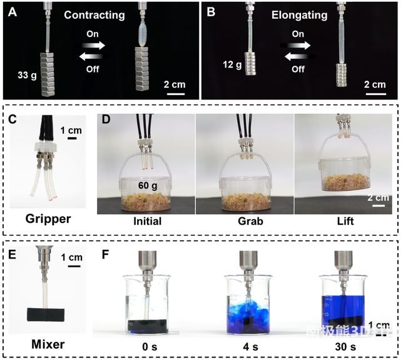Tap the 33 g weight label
coord(26,76)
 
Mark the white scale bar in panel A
coord(175,95)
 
